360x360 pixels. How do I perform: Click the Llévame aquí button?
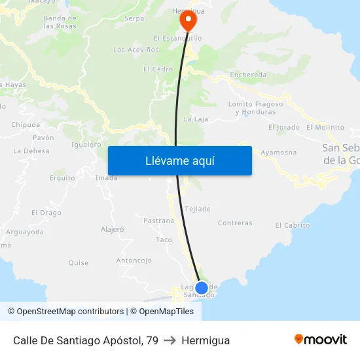[179, 160]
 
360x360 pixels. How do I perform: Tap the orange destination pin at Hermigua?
[188, 20]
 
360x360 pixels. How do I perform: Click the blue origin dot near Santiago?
[202, 287]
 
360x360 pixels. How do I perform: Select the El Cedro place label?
[158, 69]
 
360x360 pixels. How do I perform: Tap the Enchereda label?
[248, 75]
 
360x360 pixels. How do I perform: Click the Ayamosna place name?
[278, 153]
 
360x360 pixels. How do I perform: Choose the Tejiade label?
[198, 209]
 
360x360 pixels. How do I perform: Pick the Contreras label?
[235, 223]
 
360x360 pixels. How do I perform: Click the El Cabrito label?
[293, 225]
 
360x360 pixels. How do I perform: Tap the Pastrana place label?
[159, 221]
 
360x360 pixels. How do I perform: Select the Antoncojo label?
[134, 260]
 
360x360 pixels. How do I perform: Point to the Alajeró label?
[113, 229]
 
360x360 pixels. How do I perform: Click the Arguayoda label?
[25, 232]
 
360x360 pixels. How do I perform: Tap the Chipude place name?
[26, 125]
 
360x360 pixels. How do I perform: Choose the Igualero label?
[86, 145]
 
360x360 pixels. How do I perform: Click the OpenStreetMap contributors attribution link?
[70, 312]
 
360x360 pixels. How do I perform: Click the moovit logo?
[320, 339]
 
